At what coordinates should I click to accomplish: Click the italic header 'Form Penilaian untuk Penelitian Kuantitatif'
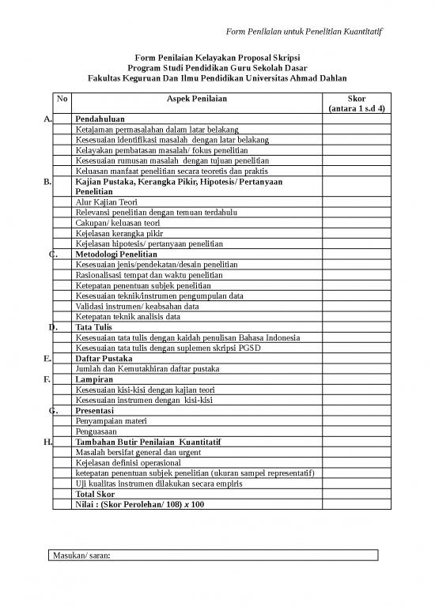point(304,31)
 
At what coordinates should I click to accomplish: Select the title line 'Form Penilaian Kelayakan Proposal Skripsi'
point(217,58)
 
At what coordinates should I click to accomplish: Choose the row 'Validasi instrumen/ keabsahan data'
point(137,306)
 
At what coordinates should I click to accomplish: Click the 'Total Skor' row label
point(95,494)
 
